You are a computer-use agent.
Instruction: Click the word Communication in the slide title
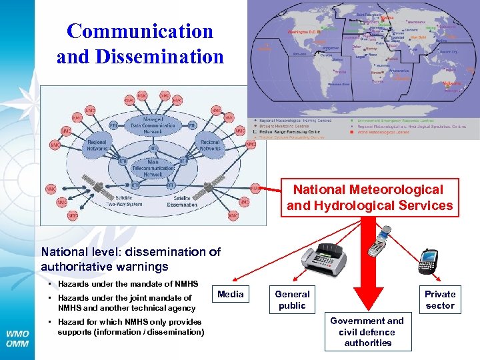[x=140, y=31]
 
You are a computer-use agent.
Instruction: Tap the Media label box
[x=231, y=294]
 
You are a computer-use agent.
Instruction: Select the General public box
[x=292, y=299]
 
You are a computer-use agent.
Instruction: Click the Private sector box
[x=440, y=299]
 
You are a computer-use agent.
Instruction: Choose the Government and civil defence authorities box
[x=367, y=331]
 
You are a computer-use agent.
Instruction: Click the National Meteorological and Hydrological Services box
[x=369, y=198]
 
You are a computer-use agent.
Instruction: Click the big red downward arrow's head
[x=367, y=297]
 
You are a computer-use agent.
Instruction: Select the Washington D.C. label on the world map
[x=304, y=31]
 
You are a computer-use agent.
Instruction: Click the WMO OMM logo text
[x=17, y=337]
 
